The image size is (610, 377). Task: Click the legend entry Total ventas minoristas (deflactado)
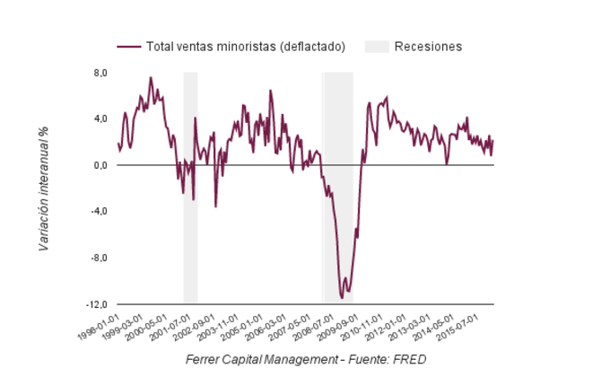244,47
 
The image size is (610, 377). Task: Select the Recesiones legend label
428,47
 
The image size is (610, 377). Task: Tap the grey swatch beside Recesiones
377,47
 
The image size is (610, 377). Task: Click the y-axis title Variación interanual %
43,188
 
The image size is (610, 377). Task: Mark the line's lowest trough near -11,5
342,297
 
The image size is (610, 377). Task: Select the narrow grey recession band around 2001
190,188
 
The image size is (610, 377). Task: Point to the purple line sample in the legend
130,47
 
